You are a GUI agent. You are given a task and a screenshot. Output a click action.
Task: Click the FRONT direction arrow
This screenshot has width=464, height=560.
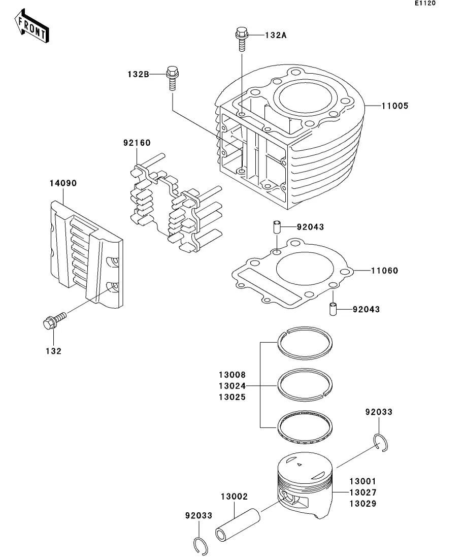pyautogui.click(x=31, y=26)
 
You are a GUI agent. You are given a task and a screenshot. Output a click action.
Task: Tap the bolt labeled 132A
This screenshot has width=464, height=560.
pyautogui.click(x=242, y=39)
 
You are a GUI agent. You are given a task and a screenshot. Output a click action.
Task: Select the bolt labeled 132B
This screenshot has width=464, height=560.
pyautogui.click(x=172, y=78)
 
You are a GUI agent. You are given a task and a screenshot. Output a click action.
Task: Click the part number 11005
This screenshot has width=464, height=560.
pyautogui.click(x=394, y=106)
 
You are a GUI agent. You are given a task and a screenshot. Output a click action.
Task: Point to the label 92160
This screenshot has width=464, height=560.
pyautogui.click(x=137, y=143)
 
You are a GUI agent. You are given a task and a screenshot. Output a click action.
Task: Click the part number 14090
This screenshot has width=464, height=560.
pyautogui.click(x=63, y=183)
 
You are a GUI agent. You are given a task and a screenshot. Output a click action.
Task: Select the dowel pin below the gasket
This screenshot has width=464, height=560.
pyautogui.click(x=333, y=309)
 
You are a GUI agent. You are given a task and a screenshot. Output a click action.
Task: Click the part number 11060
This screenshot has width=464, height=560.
pyautogui.click(x=384, y=271)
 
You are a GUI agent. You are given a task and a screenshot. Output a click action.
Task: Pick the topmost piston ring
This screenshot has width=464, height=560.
pyautogui.click(x=305, y=343)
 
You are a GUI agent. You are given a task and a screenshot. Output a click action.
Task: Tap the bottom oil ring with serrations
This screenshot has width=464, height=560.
pyautogui.click(x=305, y=427)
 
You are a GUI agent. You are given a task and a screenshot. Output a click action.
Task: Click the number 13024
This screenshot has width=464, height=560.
pyautogui.click(x=232, y=386)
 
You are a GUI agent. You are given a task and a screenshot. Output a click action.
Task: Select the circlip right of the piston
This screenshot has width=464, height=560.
pyautogui.click(x=381, y=443)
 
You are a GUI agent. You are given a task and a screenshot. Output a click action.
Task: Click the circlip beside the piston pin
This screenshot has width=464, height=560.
pyautogui.click(x=201, y=546)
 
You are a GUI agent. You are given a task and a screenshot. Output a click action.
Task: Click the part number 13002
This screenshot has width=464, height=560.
pyautogui.click(x=234, y=497)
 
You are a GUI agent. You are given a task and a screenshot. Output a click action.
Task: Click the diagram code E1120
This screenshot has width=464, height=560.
pyautogui.click(x=425, y=3)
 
